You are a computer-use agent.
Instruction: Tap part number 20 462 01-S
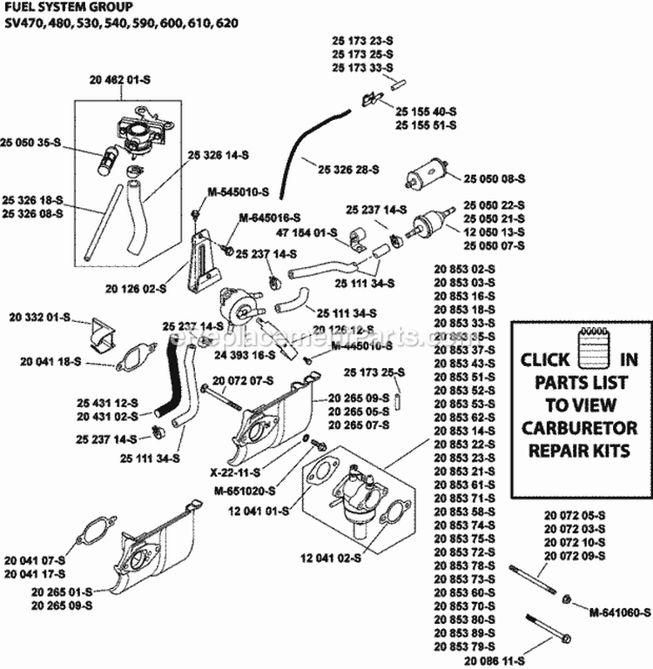tap(118, 80)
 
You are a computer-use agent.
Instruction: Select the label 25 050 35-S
tap(31, 141)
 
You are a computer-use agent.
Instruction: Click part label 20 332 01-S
tap(40, 318)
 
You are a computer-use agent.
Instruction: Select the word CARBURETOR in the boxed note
tap(579, 428)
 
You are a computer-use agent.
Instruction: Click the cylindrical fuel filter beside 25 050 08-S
tap(427, 178)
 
